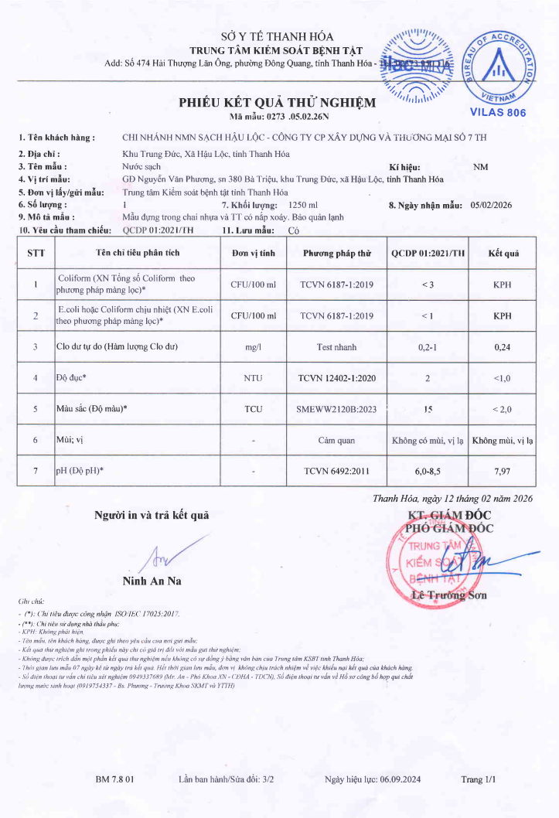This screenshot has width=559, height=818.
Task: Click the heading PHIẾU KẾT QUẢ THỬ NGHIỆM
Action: [x=278, y=103]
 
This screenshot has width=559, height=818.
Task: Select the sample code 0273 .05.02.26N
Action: [x=295, y=117]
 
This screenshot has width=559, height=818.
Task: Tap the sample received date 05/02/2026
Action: [x=496, y=205]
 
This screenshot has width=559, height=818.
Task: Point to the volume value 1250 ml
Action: [x=302, y=205]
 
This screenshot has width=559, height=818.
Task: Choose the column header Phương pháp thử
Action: [x=336, y=253]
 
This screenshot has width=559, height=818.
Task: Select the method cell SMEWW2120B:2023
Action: [x=336, y=408]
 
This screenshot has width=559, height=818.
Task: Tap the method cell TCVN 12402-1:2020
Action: [x=336, y=377]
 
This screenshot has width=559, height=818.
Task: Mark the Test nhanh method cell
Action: [x=336, y=347]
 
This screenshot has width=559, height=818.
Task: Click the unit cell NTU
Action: [x=253, y=377]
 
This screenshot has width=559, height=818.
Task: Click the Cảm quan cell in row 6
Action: [x=336, y=440]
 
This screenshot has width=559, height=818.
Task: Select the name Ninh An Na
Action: [x=152, y=581]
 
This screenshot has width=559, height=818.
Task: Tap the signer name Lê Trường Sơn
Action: [x=448, y=595]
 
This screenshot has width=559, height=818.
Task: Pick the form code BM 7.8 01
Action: [x=115, y=779]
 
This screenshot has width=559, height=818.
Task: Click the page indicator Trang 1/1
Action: [x=478, y=779]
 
